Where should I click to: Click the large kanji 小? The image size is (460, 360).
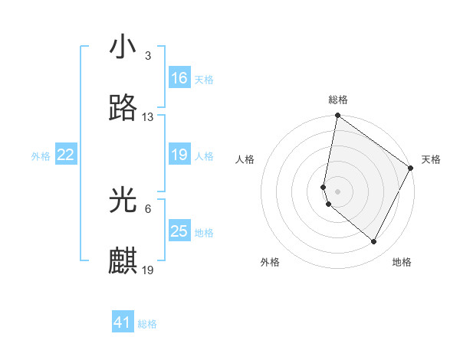point(123,47)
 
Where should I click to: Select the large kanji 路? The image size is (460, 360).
point(123,108)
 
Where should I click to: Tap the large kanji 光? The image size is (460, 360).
point(123,200)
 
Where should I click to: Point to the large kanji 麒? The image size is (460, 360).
point(123,261)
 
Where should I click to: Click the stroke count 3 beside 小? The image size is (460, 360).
point(147,56)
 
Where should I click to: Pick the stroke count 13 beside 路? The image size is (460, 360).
point(148,117)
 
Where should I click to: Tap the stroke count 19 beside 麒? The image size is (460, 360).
point(148,270)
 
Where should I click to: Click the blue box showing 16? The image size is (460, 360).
point(179,78)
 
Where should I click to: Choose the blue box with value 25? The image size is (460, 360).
point(179,231)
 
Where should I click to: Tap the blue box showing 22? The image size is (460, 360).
point(66,155)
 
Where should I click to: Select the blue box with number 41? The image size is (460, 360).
point(123,323)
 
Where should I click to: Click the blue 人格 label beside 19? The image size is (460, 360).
point(204,155)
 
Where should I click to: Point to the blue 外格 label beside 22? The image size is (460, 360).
point(41,155)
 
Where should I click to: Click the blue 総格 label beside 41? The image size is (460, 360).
point(147,324)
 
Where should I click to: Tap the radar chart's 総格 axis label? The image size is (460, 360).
point(338,100)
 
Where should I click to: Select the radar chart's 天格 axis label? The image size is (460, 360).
point(431,159)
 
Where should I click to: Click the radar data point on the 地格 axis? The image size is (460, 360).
point(374,242)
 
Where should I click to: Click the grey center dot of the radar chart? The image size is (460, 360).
point(338,191)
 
